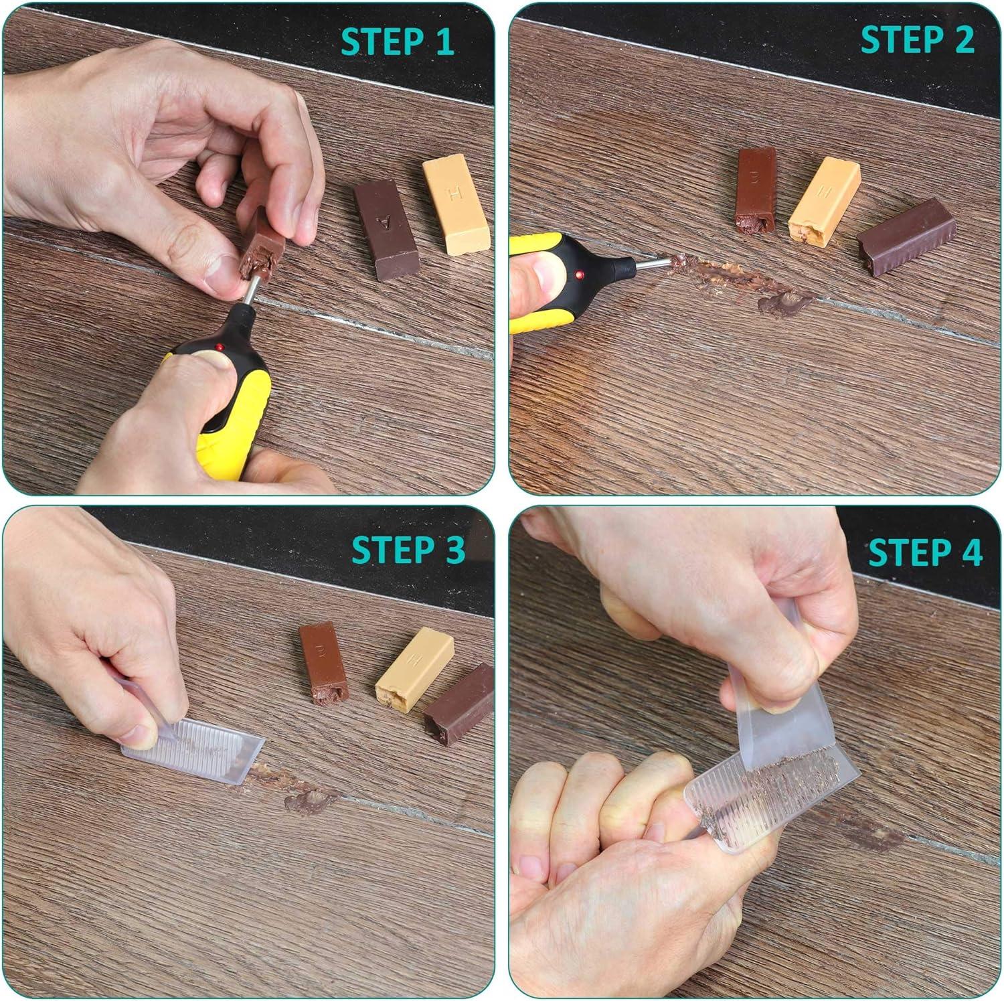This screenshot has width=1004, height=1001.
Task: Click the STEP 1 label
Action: click(398, 42)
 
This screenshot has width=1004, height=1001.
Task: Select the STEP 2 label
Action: click(917, 40)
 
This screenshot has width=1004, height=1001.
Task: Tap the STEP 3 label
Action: click(408, 550)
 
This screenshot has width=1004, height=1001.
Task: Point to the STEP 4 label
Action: click(925, 553)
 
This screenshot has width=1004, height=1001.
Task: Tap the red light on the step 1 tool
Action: click(219, 347)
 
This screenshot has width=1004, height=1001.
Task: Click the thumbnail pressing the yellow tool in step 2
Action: click(535, 276)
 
